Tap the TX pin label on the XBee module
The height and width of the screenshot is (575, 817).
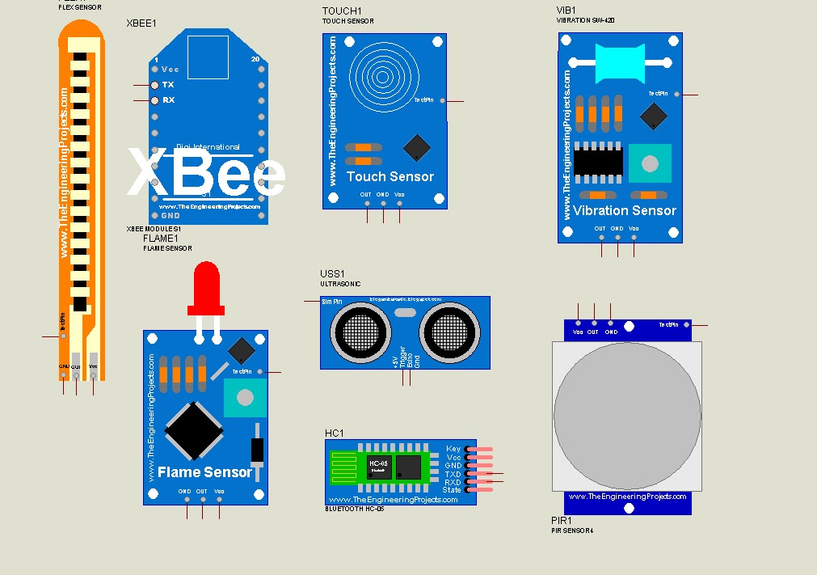[x=168, y=84]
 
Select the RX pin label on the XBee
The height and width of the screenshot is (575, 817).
[x=168, y=100]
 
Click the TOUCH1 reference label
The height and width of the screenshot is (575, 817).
[x=342, y=11]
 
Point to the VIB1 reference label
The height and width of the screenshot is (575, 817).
[x=566, y=10]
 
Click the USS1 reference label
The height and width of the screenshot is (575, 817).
[x=332, y=274]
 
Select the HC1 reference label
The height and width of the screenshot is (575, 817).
[x=335, y=433]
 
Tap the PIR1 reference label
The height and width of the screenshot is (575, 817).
[x=561, y=521]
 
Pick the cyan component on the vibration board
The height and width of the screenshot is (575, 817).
[x=619, y=62]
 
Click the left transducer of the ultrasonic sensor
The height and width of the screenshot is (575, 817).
[x=358, y=332]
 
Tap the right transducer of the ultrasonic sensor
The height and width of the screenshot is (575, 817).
[x=452, y=332]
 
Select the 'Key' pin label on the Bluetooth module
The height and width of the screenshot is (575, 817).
[x=453, y=449]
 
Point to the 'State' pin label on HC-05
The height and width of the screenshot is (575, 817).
[x=452, y=490]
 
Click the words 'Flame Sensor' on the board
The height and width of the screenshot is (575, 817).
[x=205, y=471]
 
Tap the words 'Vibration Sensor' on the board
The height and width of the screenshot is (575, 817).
[x=625, y=210]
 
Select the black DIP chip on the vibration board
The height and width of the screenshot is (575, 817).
[x=598, y=162]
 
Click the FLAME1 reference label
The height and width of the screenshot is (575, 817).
[x=160, y=239]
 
